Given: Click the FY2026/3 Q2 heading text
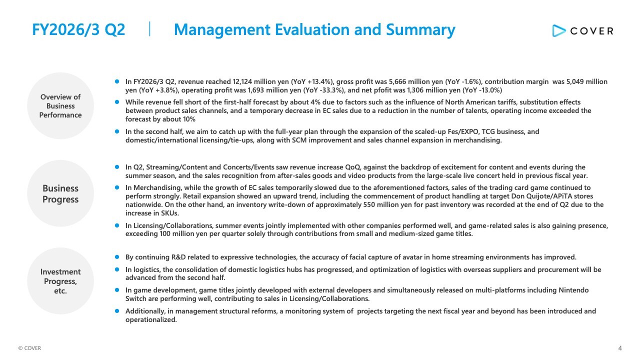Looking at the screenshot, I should (78, 29).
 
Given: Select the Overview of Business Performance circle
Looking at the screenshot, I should (60, 106).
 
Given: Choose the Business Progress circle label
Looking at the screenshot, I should (60, 194).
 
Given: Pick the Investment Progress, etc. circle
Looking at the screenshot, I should (60, 281).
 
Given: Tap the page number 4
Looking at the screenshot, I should (620, 348).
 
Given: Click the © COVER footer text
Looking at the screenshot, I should (29, 348).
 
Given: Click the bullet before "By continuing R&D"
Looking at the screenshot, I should (117, 257).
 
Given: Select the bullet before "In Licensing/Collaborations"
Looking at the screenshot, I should (117, 225).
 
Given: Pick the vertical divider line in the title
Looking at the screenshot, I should (150, 29).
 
